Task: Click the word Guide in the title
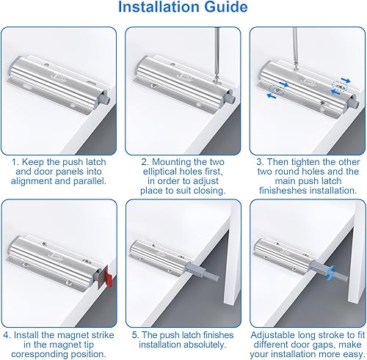[x=226, y=7]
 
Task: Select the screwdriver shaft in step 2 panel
[x=217, y=53]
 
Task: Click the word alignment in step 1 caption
[x=31, y=181]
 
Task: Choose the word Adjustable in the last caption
[x=273, y=335]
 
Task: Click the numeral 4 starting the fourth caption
[x=6, y=335]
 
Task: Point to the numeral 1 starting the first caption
[x=15, y=162]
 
